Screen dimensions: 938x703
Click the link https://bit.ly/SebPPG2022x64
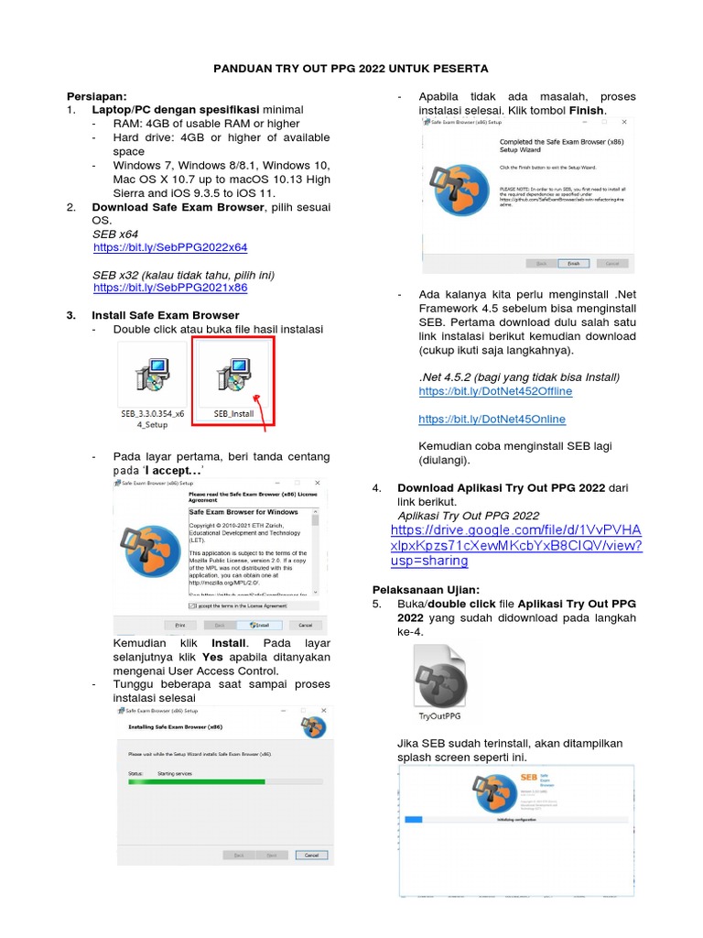[170, 247]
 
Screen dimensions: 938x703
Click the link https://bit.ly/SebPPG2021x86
[170, 288]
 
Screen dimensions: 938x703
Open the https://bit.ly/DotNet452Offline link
[495, 391]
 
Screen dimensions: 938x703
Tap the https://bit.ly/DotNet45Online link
[492, 419]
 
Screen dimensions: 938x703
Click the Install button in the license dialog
[260, 625]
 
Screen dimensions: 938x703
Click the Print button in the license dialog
[180, 625]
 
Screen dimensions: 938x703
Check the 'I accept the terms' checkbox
[192, 605]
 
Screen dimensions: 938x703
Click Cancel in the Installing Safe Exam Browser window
[311, 855]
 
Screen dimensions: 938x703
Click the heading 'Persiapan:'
[97, 96]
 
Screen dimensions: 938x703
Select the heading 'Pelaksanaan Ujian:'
[426, 589]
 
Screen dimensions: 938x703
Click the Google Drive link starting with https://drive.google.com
[515, 545]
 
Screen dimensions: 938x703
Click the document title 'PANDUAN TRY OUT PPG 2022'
[351, 69]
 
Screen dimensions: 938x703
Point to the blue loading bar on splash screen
[414, 820]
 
